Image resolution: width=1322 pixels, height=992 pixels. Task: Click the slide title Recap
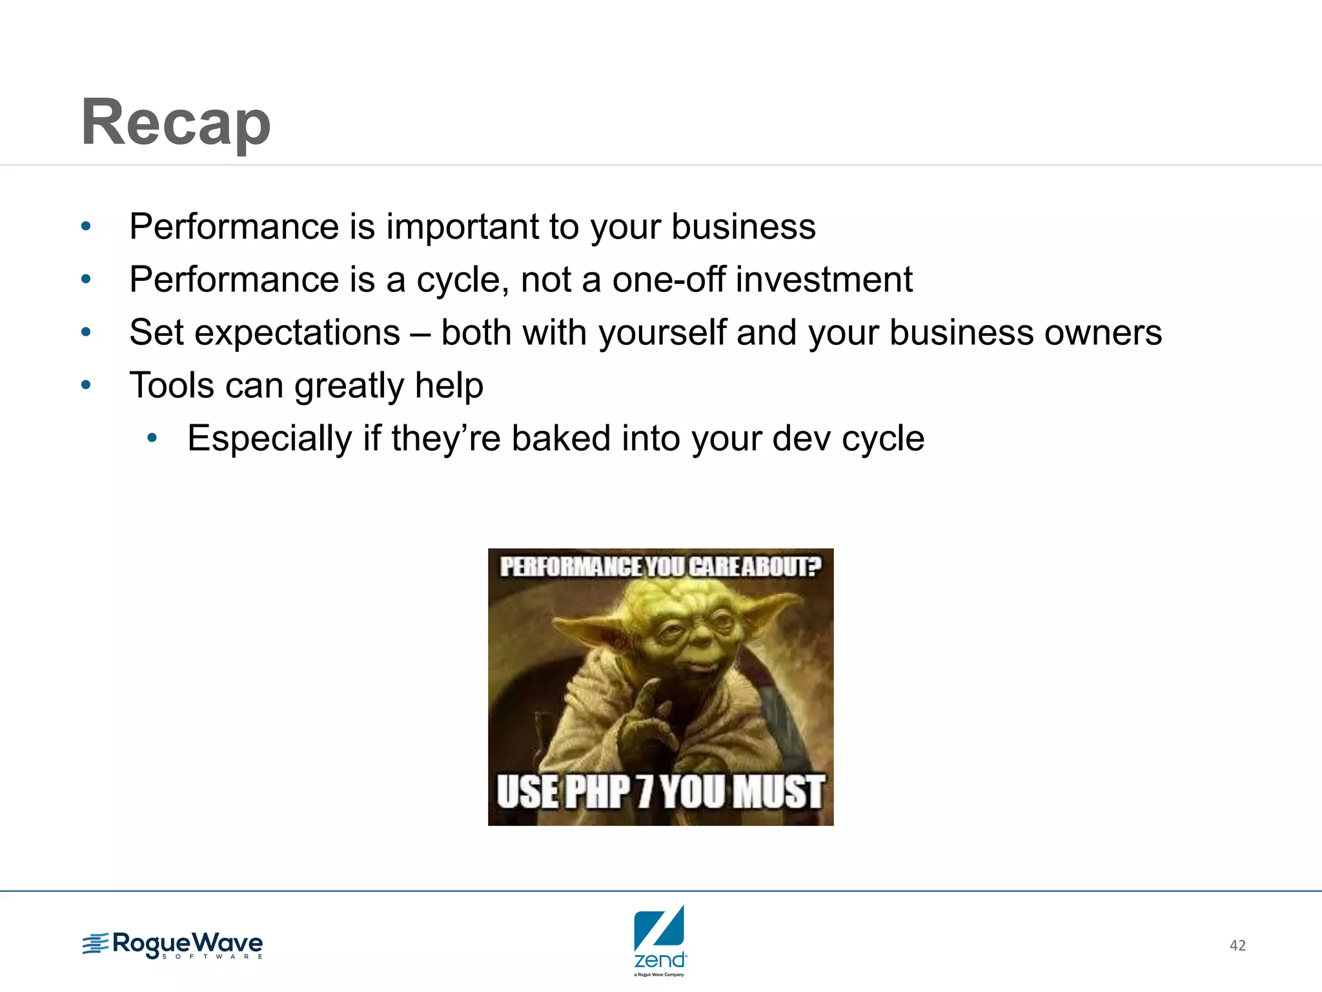[176, 123]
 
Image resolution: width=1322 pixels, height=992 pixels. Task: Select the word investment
[824, 280]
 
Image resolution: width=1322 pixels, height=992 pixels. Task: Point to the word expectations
[297, 333]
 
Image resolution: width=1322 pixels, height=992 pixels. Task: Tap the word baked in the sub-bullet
[561, 439]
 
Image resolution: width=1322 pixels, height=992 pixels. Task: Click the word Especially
[270, 440]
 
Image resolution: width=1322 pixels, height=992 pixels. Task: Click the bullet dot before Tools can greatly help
[86, 386]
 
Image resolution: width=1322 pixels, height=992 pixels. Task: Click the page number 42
[1237, 945]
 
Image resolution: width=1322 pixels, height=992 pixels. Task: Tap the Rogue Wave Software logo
[173, 945]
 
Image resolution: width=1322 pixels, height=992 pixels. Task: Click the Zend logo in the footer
[659, 940]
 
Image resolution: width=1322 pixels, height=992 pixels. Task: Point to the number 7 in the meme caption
[644, 792]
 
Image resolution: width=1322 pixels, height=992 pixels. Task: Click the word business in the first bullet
[743, 227]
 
